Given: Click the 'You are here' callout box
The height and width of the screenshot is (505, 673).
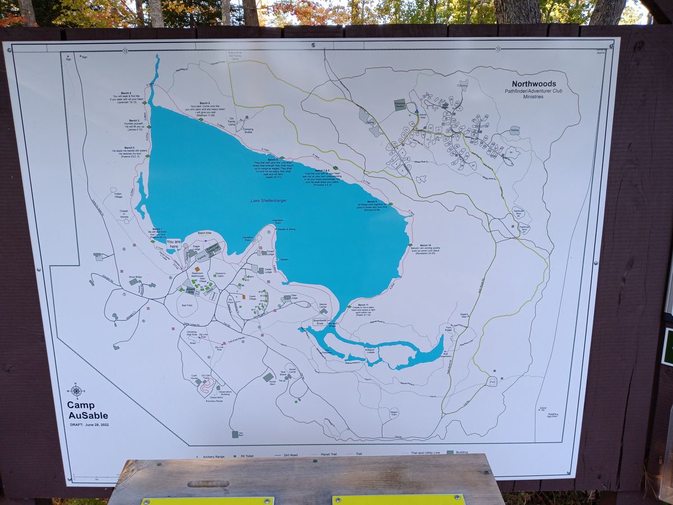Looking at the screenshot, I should [x=174, y=244].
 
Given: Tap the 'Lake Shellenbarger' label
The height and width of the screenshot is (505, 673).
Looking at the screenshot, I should [x=269, y=200].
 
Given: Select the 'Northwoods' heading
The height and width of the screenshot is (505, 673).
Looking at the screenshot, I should [x=533, y=84].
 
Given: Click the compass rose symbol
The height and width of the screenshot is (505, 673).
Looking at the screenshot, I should [x=76, y=391].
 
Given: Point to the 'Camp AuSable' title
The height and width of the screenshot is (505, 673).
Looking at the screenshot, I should [x=87, y=410].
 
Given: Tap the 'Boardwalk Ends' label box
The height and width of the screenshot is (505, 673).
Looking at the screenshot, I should [x=320, y=322].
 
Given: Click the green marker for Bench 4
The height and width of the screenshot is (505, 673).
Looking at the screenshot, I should [x=144, y=103].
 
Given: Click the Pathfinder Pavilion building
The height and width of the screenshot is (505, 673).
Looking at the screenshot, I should [x=400, y=104].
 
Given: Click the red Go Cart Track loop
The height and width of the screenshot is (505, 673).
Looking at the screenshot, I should [x=206, y=386].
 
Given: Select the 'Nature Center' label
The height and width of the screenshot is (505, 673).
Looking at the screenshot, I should [x=322, y=306].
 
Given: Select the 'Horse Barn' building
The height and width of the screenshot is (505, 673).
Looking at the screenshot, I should [x=269, y=377].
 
